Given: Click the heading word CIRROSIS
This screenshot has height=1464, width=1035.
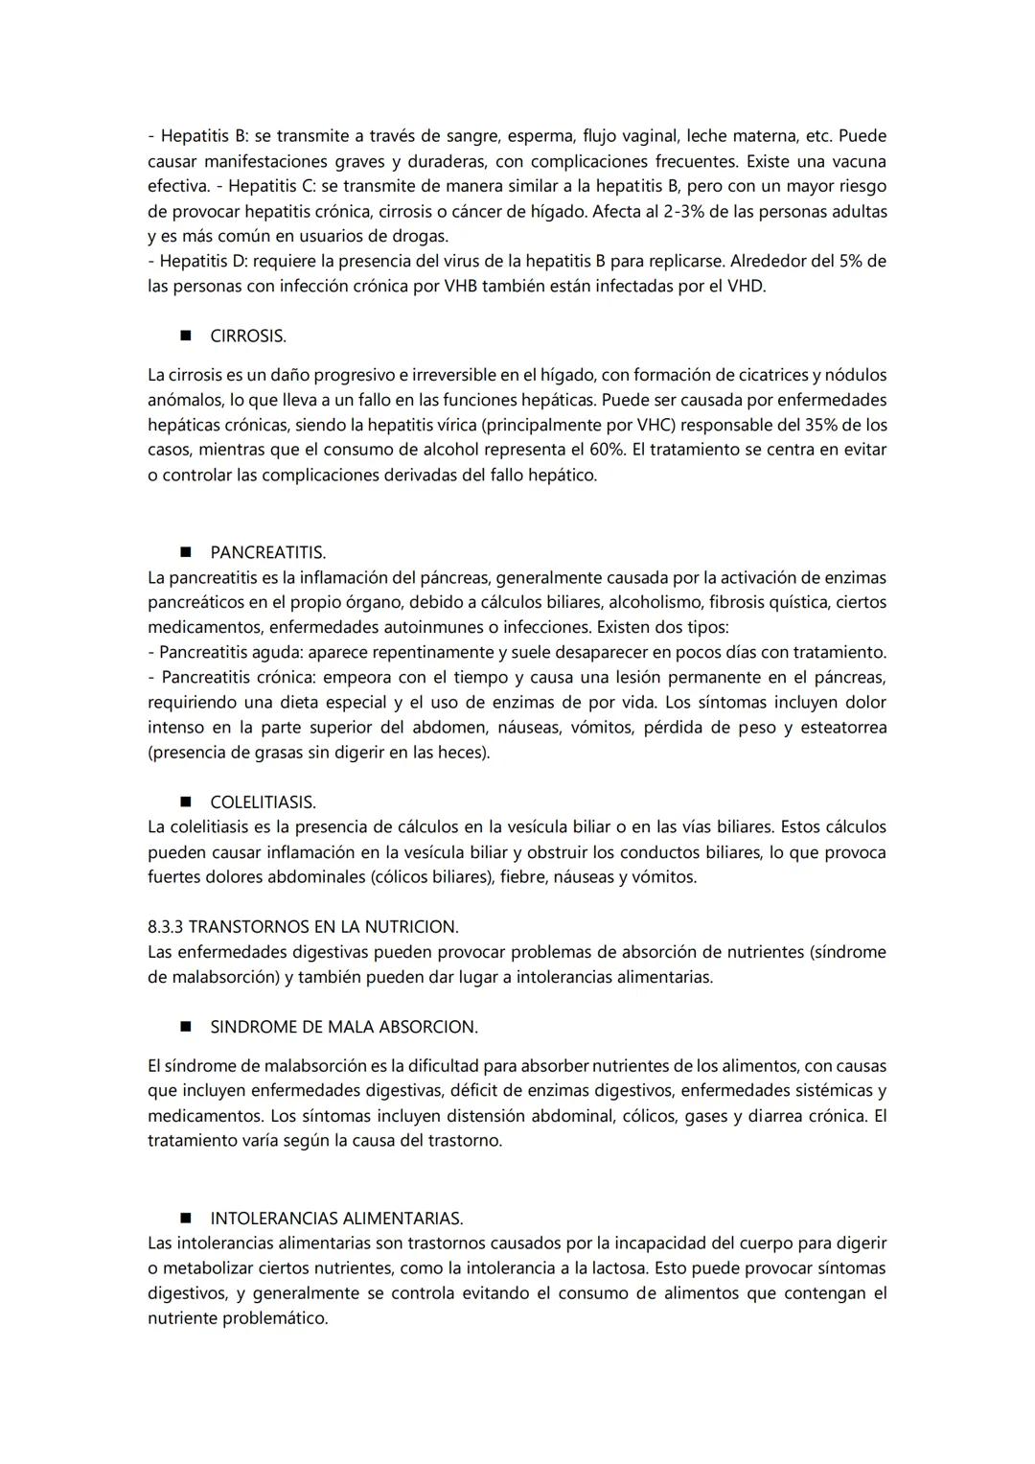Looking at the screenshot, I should pyautogui.click(x=247, y=337).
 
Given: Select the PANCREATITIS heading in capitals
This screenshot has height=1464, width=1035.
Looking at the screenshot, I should pyautogui.click(x=267, y=553).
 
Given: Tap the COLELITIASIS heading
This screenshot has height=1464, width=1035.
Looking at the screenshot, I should pyautogui.click(x=263, y=802).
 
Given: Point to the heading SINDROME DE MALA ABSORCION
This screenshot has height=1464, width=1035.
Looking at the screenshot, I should pyautogui.click(x=343, y=1027).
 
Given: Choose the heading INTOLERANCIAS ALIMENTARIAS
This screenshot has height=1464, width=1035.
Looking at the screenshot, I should pyautogui.click(x=336, y=1219).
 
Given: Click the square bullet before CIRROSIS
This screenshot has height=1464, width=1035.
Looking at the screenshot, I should pyautogui.click(x=185, y=337).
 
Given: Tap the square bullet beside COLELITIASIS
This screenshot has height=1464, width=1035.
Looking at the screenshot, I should pyautogui.click(x=185, y=802).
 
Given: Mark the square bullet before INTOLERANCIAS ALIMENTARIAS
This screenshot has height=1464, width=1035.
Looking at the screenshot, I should pyautogui.click(x=185, y=1219).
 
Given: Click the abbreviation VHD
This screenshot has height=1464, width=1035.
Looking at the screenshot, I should pyautogui.click(x=746, y=286).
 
